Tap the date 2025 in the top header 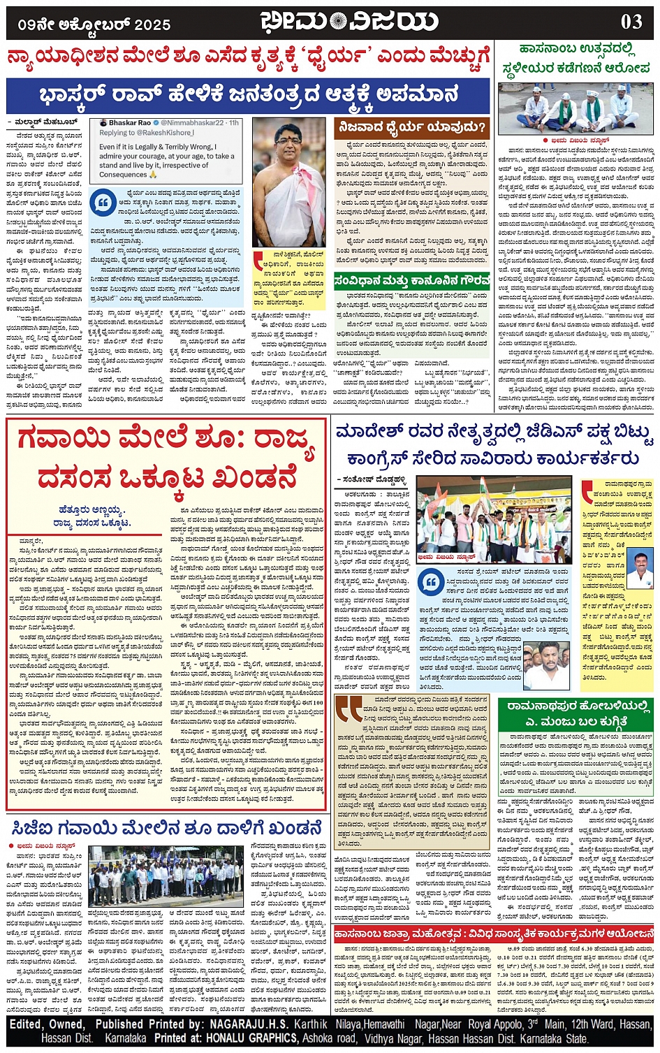152,25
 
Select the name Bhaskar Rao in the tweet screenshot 130,123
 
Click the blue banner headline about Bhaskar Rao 248,95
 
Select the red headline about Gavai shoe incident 166,458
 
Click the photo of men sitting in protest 575,108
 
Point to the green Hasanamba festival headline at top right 575,59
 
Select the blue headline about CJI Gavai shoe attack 166,829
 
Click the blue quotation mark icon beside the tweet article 103,203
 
